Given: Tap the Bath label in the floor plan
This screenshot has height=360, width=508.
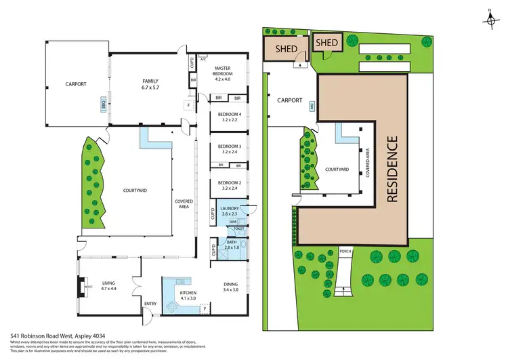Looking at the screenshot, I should click(231, 242).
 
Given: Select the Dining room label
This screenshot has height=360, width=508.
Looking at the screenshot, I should click(232, 285).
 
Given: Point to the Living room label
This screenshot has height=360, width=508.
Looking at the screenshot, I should click(109, 285).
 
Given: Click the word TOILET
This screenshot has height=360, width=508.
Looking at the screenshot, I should click(238, 230).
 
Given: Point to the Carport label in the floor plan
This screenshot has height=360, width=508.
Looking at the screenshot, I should click(77, 85).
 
